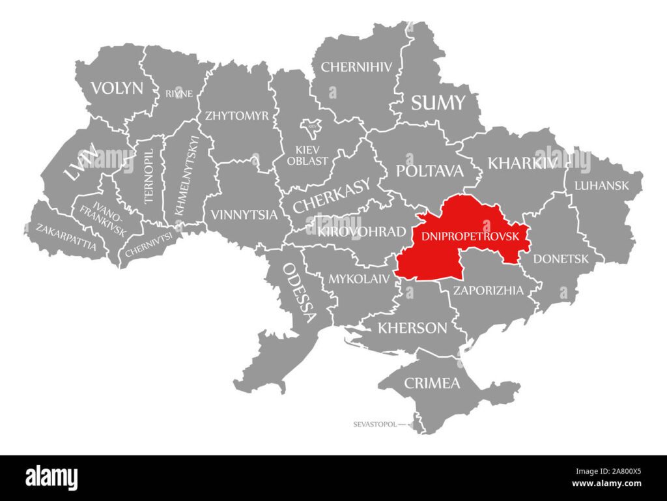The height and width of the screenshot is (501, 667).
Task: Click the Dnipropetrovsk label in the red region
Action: [470, 236]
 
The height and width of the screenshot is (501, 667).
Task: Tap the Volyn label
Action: [117, 88]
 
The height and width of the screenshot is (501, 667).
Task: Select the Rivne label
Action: [178, 93]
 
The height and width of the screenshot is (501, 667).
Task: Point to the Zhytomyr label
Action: [236, 116]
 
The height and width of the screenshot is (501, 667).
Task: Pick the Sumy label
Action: [438, 102]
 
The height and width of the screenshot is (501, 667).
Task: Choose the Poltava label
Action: [430, 171]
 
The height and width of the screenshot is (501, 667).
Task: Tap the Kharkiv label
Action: [522, 162]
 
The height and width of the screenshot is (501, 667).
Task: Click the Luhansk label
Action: [601, 186]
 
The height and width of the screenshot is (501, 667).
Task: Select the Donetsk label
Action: [561, 259]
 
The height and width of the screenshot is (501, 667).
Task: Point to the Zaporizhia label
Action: [488, 291]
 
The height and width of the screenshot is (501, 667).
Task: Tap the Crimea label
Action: [433, 382]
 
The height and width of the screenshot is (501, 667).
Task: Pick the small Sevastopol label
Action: [375, 424]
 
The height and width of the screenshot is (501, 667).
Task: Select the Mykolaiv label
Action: [359, 279]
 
